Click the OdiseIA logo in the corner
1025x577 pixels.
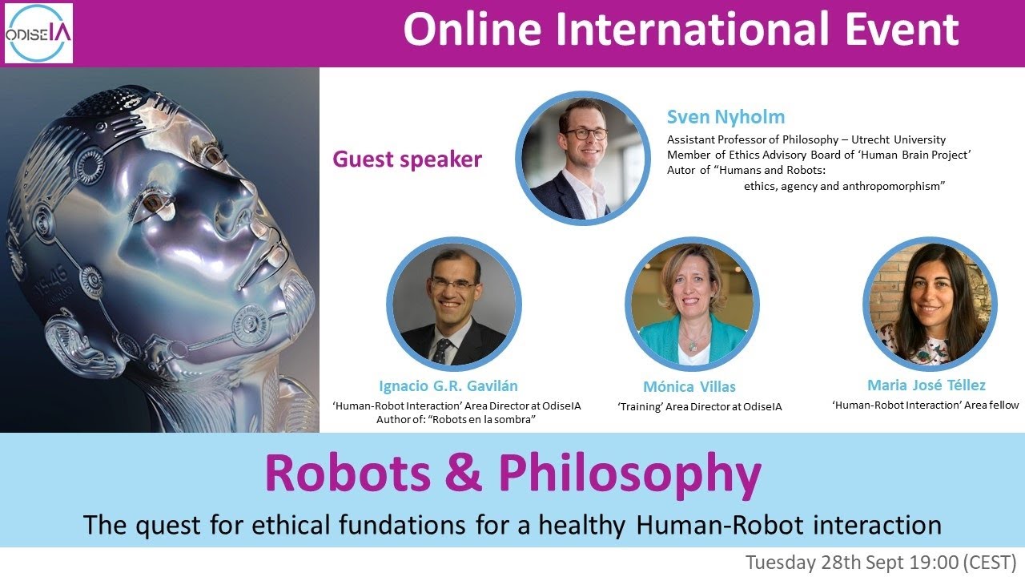(x=38, y=33)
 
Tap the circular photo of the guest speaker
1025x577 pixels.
(x=583, y=157)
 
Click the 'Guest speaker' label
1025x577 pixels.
(x=407, y=159)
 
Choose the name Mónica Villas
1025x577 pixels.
(x=689, y=386)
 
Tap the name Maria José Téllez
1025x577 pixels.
(x=926, y=385)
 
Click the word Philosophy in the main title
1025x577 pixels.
(x=629, y=474)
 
